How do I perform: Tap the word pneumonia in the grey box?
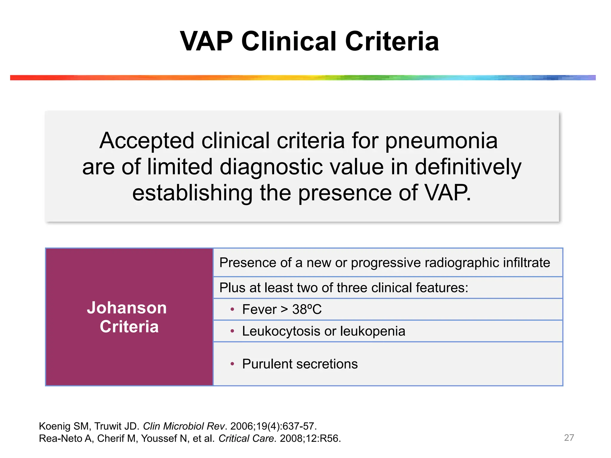(x=441, y=141)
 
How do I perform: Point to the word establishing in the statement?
(x=192, y=193)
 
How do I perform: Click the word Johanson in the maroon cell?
(x=127, y=308)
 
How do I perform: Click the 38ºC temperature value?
(x=307, y=310)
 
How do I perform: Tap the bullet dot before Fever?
(x=232, y=310)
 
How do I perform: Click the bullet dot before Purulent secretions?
(x=232, y=364)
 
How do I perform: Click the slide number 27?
(x=569, y=437)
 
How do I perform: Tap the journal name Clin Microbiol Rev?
(x=184, y=426)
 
